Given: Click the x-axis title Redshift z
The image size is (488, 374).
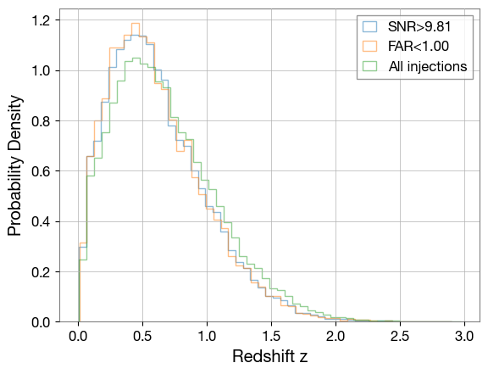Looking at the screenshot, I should click(270, 356).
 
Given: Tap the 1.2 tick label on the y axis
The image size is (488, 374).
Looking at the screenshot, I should click(40, 20).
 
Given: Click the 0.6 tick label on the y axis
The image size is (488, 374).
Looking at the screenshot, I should click(40, 171).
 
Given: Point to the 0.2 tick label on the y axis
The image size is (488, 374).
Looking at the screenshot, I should click(40, 272).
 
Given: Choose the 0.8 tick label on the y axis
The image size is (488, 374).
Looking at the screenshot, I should click(40, 120).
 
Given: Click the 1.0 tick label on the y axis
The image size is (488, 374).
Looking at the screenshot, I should click(40, 70).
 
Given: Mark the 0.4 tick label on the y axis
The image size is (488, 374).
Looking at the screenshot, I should click(40, 221).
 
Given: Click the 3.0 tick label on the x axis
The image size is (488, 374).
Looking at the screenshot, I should click(463, 335).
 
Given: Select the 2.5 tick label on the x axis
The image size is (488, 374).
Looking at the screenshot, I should click(399, 335).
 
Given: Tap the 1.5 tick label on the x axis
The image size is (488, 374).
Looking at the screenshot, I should click(271, 335).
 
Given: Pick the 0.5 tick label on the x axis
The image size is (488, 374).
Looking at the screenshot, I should click(142, 335).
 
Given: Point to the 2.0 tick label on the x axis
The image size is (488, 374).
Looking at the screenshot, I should click(335, 335).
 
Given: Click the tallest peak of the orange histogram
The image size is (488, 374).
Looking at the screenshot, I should click(135, 24).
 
